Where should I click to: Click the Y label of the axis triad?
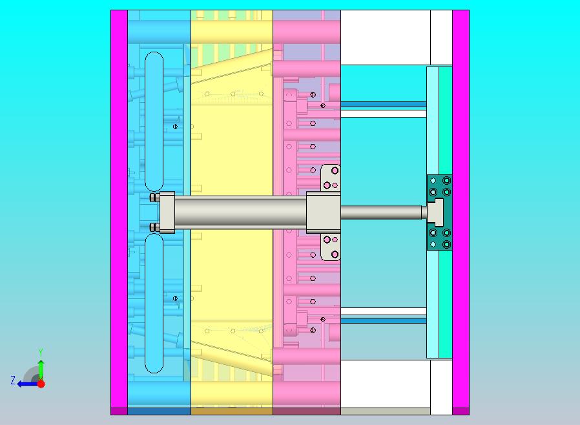(41, 351)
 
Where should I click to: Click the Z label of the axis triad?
(13, 380)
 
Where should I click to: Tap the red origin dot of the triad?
(41, 384)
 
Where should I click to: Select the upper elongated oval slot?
(154, 121)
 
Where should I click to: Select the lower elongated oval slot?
(154, 304)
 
